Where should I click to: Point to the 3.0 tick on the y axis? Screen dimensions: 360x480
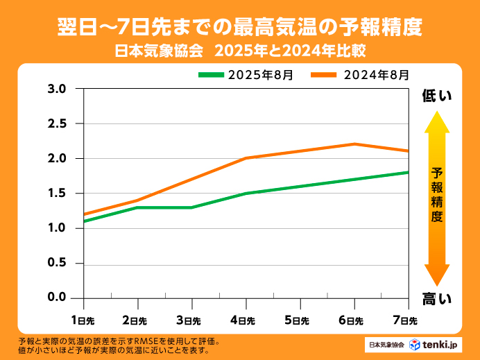coord(56,89)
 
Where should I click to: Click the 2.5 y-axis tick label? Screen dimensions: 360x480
coord(56,123)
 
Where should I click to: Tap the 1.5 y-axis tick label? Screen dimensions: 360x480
coord(56,194)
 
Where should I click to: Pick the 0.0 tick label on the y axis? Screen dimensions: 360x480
coord(56,298)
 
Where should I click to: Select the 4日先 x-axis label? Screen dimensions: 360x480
coord(245,320)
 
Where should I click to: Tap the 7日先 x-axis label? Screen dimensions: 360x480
coord(406,320)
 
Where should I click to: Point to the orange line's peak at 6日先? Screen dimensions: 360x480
coord(354,144)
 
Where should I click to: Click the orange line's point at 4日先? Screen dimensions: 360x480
coord(246,158)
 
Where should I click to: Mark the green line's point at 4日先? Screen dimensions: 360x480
coord(246,194)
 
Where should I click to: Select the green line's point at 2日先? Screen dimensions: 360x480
coord(137,207)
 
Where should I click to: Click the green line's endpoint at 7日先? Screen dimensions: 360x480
coord(407,172)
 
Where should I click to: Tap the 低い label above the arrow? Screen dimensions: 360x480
coord(437,96)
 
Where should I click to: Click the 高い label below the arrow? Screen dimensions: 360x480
coord(437,299)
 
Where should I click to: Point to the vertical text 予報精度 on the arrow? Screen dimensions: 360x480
coord(436,194)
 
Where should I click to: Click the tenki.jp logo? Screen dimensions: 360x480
coord(434,344)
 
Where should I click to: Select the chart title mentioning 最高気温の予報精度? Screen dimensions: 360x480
coord(239,27)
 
